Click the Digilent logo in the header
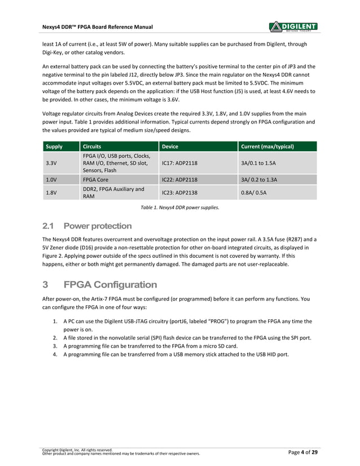pyautogui.click(x=293, y=26)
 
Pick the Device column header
pyautogui.click(x=170, y=146)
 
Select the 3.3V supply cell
pyautogui.click(x=51, y=163)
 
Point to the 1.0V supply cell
pyautogui.click(x=51, y=180)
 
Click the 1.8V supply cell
pyautogui.click(x=51, y=193)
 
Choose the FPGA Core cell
pyautogui.click(x=95, y=180)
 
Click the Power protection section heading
pyautogui.click(x=87, y=226)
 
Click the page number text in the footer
pyautogui.click(x=302, y=452)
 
